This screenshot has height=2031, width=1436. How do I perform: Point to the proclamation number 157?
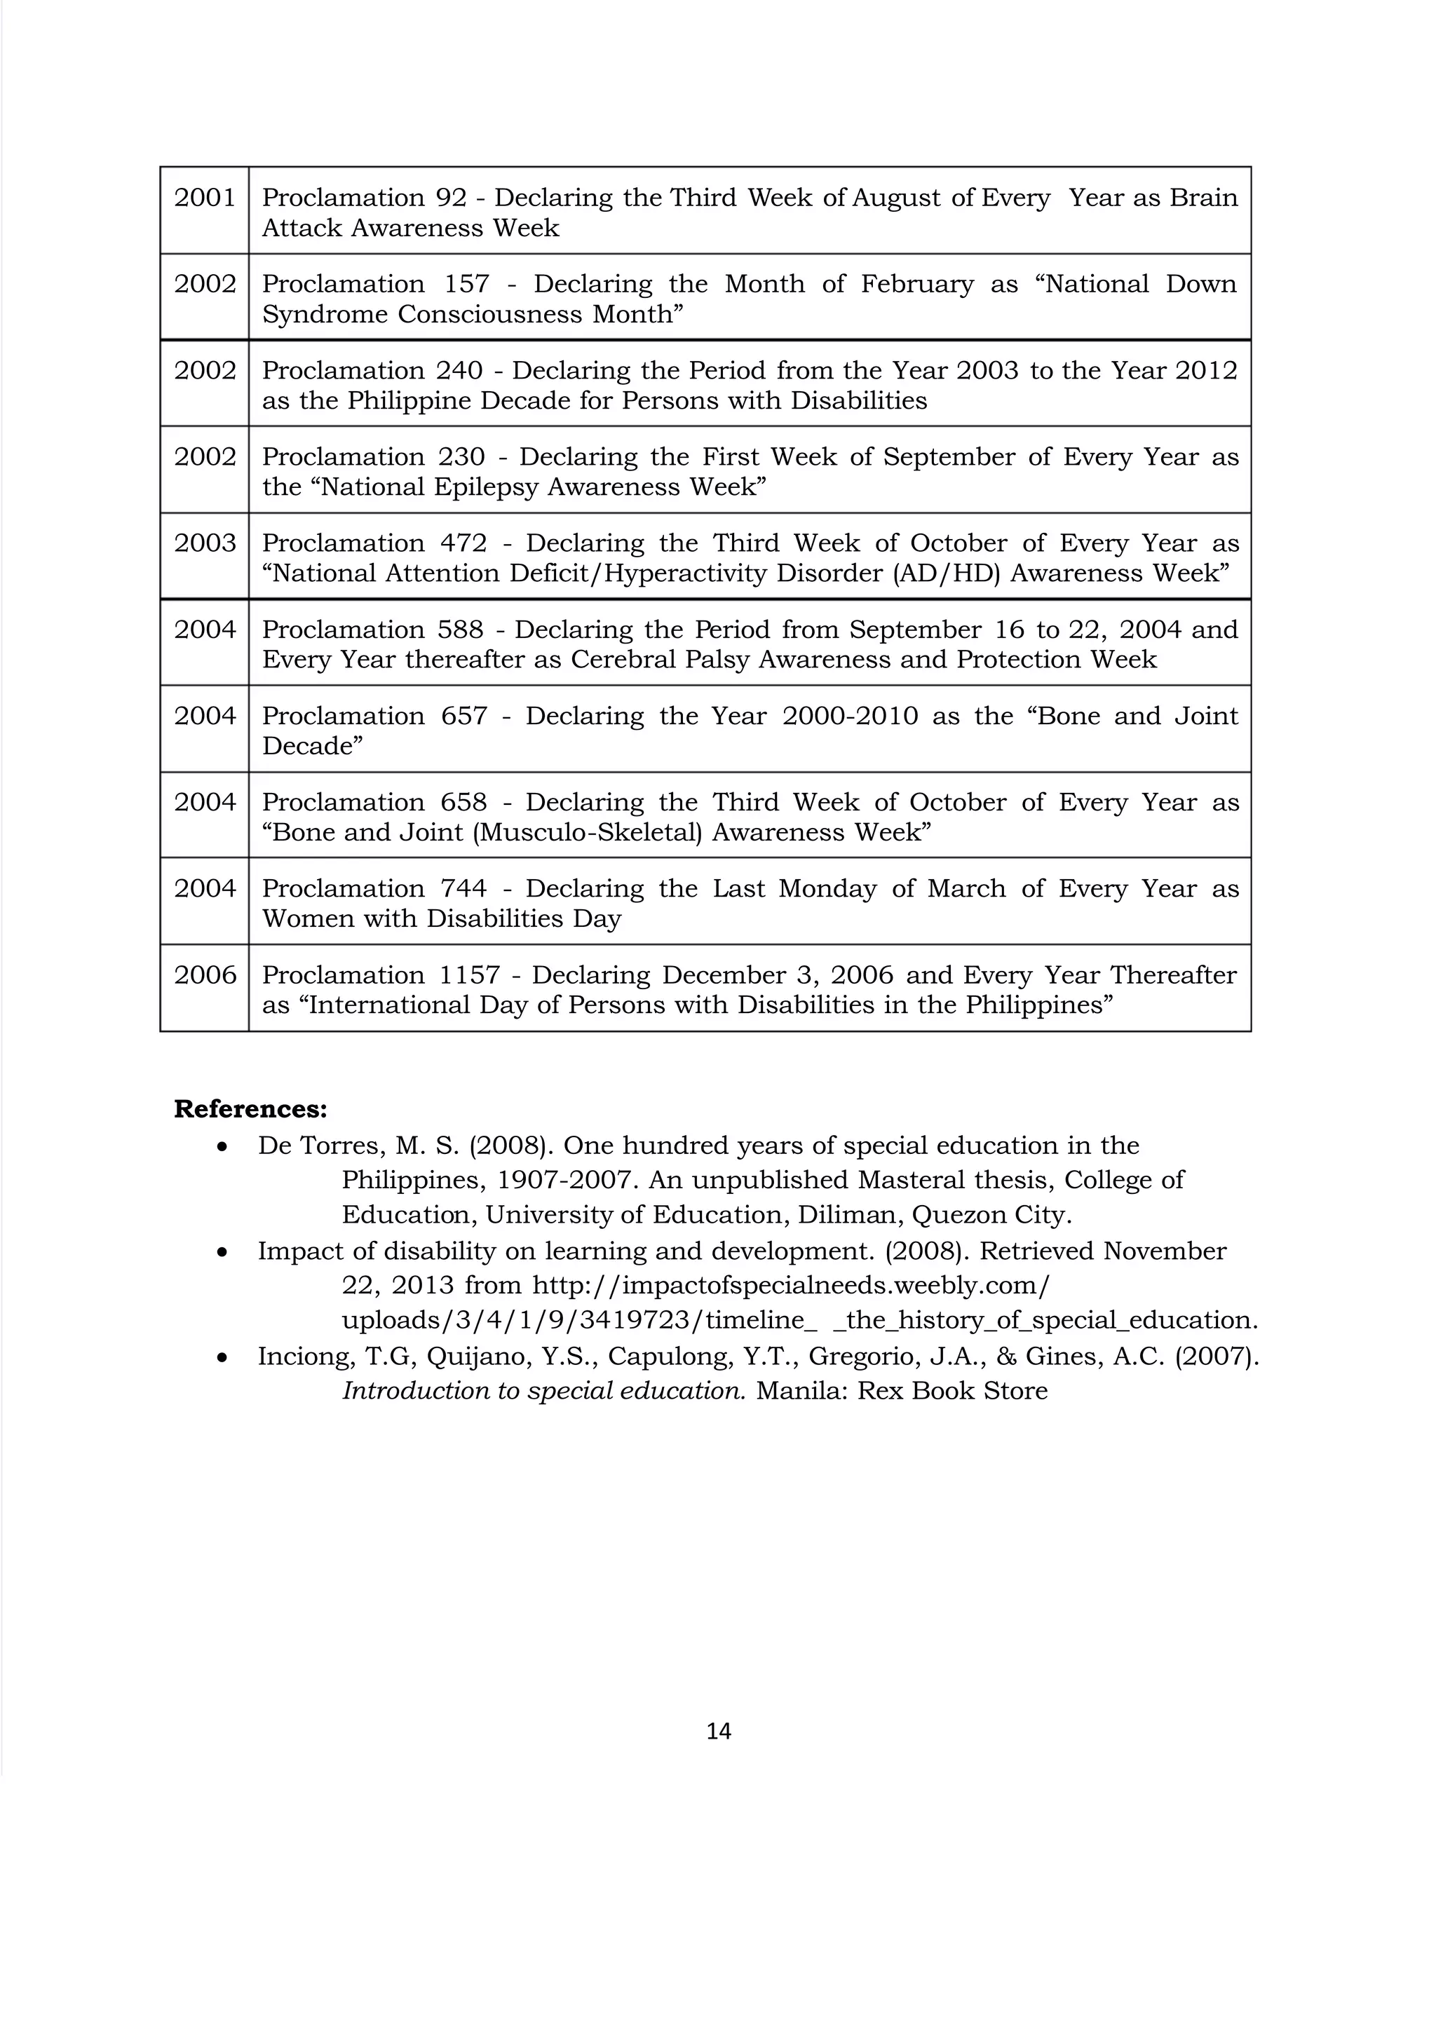[x=466, y=284]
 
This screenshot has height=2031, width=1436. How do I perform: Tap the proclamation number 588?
[x=460, y=629]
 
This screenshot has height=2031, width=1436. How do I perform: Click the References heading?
[x=250, y=1108]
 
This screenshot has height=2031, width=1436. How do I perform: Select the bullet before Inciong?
[x=223, y=1358]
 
